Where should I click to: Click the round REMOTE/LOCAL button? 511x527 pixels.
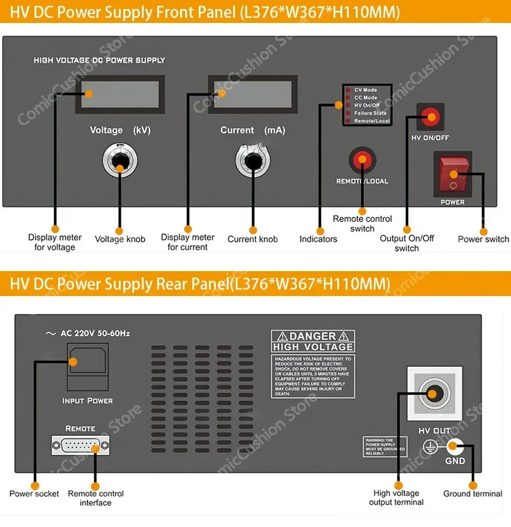362,160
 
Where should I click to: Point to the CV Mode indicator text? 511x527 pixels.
366,90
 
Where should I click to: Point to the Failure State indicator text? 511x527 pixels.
370,113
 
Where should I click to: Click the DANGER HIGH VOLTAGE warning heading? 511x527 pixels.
312,341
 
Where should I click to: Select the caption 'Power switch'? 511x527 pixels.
484,239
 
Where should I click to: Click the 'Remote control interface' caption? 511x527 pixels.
96,498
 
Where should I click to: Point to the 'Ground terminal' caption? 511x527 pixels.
473,494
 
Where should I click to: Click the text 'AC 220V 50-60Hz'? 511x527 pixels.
95,333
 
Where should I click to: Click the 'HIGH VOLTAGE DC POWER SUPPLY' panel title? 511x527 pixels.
99,60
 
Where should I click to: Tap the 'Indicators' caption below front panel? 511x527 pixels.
318,239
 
